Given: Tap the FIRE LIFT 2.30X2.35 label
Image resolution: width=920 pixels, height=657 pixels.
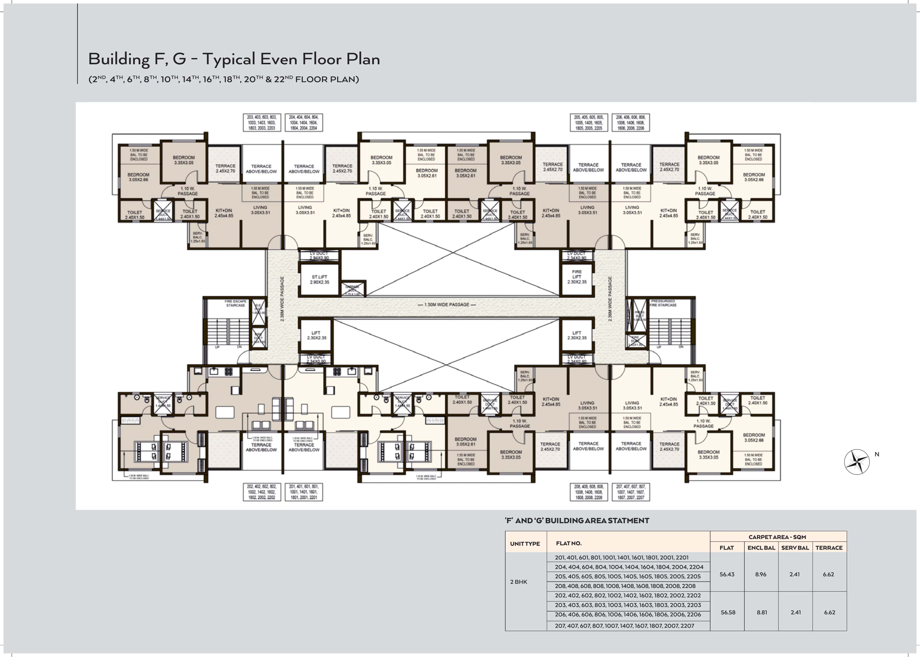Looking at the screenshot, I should click(577, 277).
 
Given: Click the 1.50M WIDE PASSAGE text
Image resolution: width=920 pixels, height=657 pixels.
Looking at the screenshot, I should click(447, 305).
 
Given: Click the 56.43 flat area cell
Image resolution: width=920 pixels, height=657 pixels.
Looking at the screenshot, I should click(727, 574).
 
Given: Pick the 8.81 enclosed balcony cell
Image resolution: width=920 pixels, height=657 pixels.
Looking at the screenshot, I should click(762, 612).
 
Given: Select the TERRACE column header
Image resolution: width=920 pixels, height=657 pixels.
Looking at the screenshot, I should click(829, 548).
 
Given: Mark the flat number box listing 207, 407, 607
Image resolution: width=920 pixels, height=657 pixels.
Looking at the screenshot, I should click(631, 492).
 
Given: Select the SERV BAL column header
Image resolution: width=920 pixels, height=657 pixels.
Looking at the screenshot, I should click(795, 548).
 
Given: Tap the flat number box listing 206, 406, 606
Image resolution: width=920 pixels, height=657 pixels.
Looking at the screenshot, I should click(631, 123).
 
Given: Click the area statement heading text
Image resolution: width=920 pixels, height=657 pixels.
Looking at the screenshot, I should click(577, 521).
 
